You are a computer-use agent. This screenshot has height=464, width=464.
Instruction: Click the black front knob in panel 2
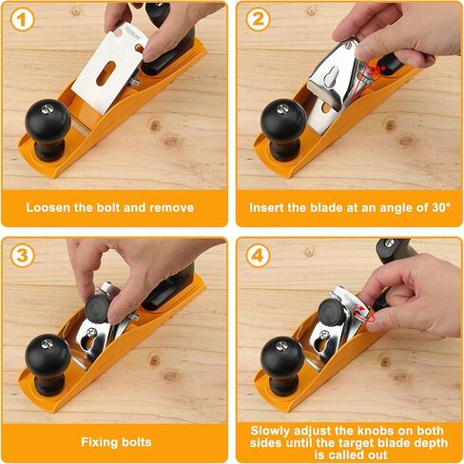(x=282, y=122)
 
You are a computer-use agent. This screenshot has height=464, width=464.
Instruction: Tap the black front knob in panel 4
(x=281, y=359)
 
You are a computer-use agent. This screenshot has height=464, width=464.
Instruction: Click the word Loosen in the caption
(x=51, y=207)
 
